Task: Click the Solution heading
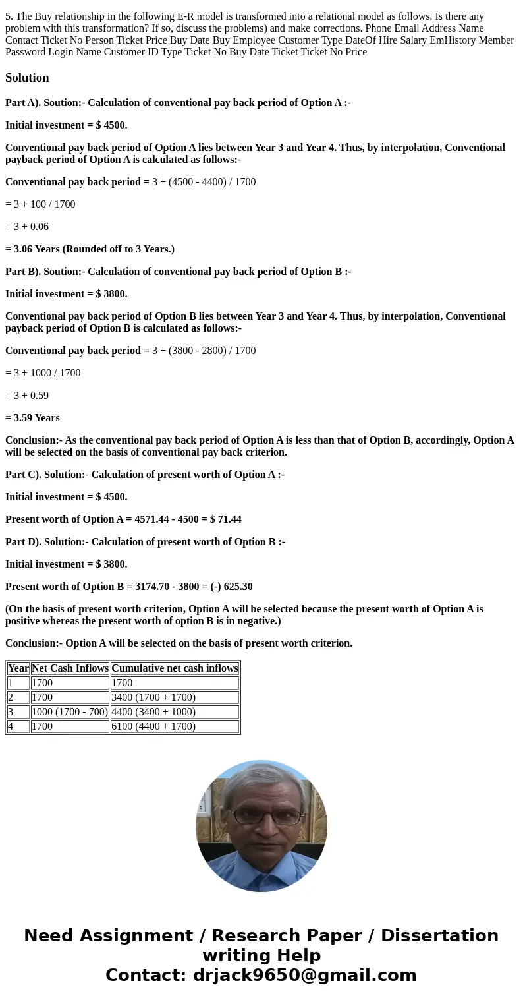coord(27,78)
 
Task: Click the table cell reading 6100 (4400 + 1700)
coord(153,726)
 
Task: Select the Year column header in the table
coord(18,668)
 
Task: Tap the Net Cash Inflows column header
coord(70,668)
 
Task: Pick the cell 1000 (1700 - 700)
coord(69,712)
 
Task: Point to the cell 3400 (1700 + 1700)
coord(153,697)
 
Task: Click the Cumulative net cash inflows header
coord(175,668)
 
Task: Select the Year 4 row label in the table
coord(11,726)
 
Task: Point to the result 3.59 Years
coord(36,418)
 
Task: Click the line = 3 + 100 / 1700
coord(40,204)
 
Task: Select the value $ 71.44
coord(225,519)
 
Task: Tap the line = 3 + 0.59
coord(27,396)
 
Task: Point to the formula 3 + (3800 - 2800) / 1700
coord(204,351)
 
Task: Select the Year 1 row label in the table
coord(11,683)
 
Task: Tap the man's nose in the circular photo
coord(266,827)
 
